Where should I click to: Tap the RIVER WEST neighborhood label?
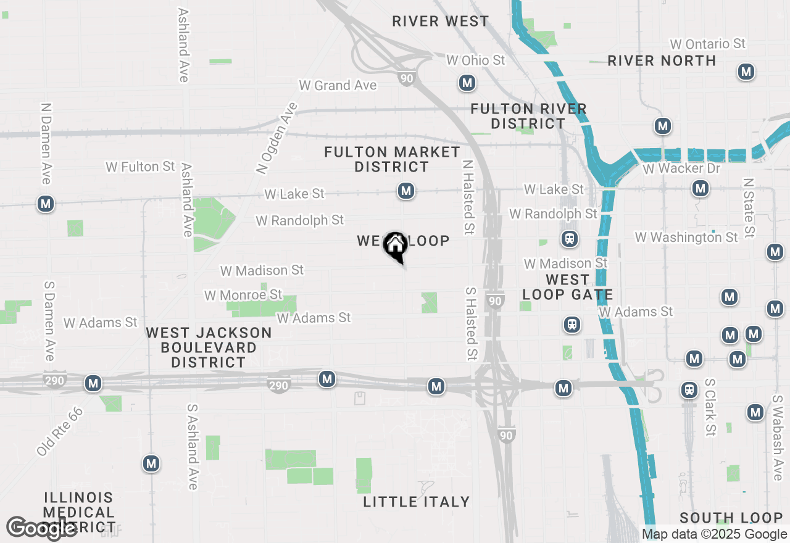click(x=441, y=21)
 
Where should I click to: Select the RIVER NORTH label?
click(x=662, y=60)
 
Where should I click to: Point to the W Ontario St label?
click(x=708, y=44)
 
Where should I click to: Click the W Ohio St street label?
click(x=475, y=60)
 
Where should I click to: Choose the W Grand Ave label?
click(x=338, y=85)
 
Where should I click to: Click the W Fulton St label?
click(x=140, y=167)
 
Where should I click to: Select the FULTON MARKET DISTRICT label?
click(x=392, y=159)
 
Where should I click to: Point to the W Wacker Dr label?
click(x=681, y=168)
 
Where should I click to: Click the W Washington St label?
click(x=686, y=237)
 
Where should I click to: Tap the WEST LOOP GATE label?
click(x=567, y=287)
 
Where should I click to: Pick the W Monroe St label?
click(x=243, y=295)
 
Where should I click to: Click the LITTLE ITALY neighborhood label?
click(x=416, y=502)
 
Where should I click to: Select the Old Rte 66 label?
click(x=59, y=431)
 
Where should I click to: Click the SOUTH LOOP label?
click(x=731, y=518)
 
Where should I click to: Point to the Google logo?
click(x=41, y=528)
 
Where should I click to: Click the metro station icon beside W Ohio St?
click(x=467, y=82)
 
